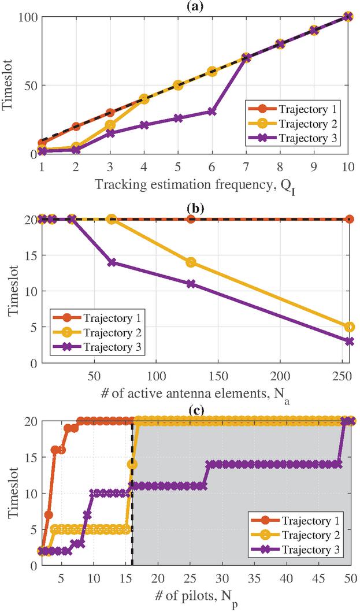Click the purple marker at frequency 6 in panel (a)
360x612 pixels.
point(212,112)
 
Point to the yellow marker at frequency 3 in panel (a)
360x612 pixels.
point(110,125)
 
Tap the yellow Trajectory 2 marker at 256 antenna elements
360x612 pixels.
point(348,327)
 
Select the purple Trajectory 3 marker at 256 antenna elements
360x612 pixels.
point(348,342)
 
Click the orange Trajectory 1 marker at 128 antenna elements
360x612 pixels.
point(191,219)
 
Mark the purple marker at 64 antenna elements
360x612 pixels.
point(112,262)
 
